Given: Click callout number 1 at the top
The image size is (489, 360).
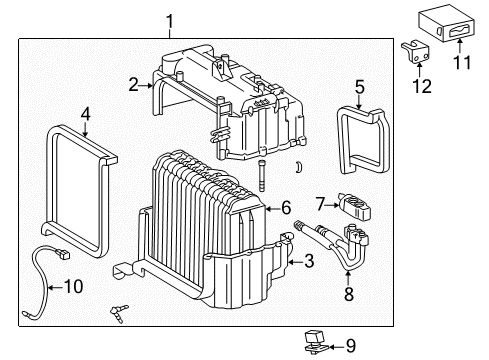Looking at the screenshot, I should [170, 20].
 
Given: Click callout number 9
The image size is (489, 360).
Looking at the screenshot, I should [349, 346].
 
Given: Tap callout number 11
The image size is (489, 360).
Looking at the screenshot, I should [462, 62].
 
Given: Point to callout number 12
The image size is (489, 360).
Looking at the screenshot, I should [423, 87].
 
